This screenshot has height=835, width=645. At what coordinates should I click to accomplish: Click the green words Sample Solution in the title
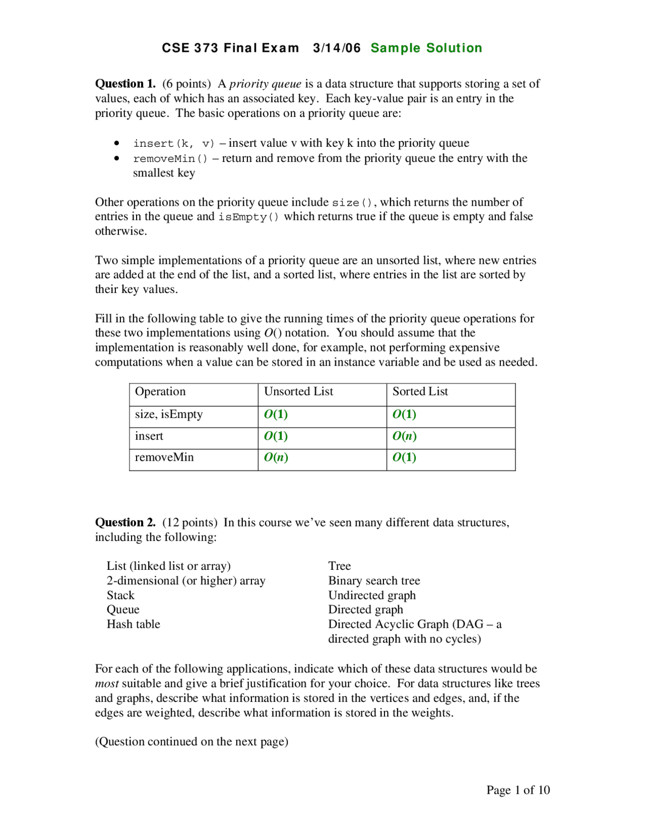pos(426,48)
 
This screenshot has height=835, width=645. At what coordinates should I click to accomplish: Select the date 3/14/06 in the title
pos(337,48)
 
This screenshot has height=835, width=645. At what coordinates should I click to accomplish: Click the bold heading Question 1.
pos(125,84)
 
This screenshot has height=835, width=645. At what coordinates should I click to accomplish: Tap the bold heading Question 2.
pos(125,522)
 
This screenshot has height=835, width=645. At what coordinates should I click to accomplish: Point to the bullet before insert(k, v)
pos(117,143)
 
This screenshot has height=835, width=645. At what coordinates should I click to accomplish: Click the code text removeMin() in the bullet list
pos(170,159)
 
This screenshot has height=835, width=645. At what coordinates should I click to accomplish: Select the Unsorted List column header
pos(298,392)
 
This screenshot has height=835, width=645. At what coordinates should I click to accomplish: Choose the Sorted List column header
pos(420,392)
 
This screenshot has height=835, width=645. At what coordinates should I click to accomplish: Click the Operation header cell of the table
pos(160,392)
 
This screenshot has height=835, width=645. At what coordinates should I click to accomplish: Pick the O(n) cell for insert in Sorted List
pos(404,436)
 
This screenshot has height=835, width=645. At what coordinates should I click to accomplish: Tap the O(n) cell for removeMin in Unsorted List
pos(276,457)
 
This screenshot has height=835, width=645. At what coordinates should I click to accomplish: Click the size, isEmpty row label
pos(168,414)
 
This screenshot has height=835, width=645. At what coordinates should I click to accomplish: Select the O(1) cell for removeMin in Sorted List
pos(404,457)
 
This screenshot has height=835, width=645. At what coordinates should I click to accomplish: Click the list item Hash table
pos(133,624)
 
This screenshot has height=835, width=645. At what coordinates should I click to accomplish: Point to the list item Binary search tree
pos(374,581)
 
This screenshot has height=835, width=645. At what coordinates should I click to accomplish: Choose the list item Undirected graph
pos(372,595)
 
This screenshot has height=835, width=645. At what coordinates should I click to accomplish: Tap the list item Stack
pos(120,595)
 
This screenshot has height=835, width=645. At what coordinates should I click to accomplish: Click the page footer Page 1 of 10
pos(518,790)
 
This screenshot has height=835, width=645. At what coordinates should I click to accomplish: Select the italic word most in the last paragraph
pos(107,684)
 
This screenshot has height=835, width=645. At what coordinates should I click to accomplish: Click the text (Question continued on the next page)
pos(191,742)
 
